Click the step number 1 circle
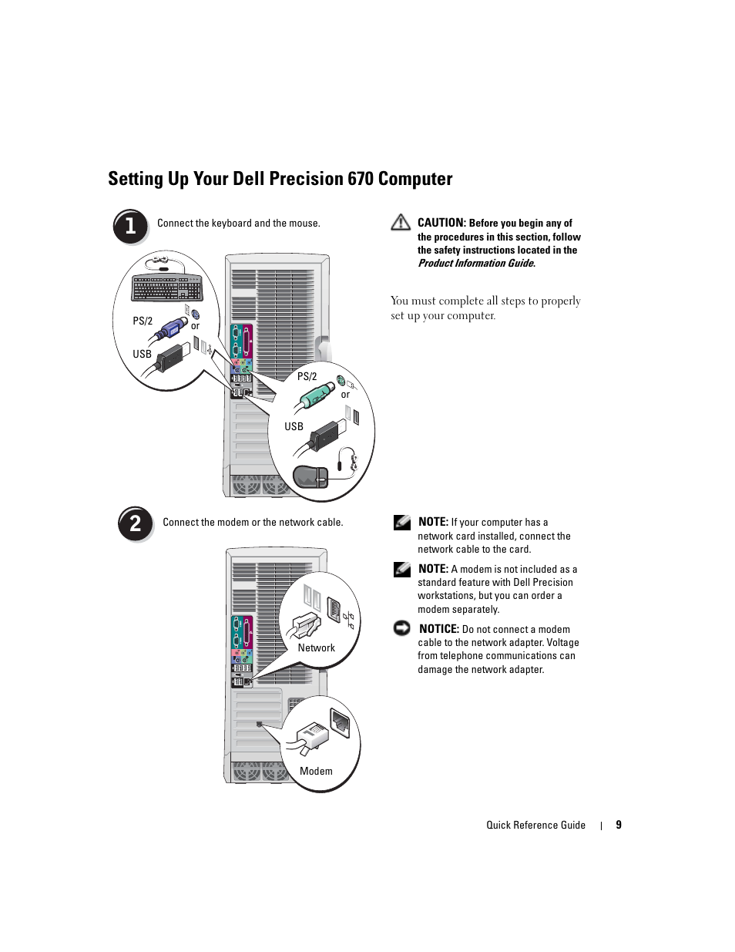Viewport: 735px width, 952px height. (x=130, y=226)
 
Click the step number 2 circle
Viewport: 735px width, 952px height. (x=136, y=523)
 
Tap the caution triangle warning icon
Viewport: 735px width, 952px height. (x=401, y=223)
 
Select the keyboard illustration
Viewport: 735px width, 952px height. (x=166, y=288)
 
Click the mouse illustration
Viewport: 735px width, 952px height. (x=310, y=477)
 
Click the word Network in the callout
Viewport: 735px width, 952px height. (x=316, y=648)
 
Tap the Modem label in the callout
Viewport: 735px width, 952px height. (x=316, y=771)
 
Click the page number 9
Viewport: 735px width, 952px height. (x=619, y=825)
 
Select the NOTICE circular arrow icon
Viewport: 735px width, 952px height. (x=401, y=627)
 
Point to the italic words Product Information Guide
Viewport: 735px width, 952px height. (x=476, y=264)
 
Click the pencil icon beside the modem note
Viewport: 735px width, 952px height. (x=402, y=570)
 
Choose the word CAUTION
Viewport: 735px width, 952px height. (x=441, y=223)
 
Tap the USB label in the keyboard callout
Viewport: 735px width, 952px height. (x=142, y=354)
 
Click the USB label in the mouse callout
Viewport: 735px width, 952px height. (x=294, y=426)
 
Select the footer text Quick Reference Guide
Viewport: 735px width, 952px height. (x=535, y=825)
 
